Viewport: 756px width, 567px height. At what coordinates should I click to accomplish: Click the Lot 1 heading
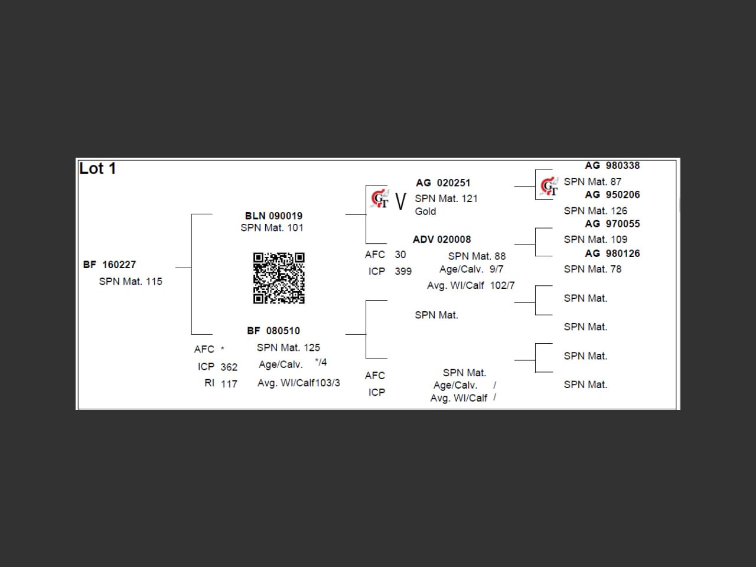(97, 169)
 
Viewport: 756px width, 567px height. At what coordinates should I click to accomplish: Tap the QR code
(279, 278)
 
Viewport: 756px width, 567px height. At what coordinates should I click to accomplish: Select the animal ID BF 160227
(110, 265)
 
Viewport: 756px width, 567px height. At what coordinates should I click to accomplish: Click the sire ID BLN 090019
(273, 216)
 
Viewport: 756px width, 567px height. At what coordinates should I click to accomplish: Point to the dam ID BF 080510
(273, 331)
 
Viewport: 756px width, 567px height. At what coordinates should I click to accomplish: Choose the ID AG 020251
(443, 183)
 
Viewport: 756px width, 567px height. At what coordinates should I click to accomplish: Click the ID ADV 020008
(442, 239)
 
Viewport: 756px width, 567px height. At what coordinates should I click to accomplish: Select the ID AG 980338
(612, 166)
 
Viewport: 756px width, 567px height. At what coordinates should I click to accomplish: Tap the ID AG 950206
(612, 195)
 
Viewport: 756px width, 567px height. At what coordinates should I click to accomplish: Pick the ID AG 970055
(612, 224)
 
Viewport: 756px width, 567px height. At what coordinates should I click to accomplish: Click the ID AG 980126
(612, 253)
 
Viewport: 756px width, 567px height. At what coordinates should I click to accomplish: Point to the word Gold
(425, 211)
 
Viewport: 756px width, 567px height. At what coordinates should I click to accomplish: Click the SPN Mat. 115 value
(131, 282)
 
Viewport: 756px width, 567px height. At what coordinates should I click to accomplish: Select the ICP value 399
(403, 272)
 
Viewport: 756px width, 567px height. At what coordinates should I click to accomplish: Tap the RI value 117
(229, 384)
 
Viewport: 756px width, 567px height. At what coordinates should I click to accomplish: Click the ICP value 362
(229, 367)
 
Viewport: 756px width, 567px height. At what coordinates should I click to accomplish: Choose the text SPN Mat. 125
(288, 348)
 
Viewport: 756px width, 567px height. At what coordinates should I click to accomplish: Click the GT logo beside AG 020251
(380, 200)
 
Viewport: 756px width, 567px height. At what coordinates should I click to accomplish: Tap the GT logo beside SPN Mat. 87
(549, 186)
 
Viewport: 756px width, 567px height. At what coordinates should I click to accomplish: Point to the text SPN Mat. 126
(595, 211)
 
